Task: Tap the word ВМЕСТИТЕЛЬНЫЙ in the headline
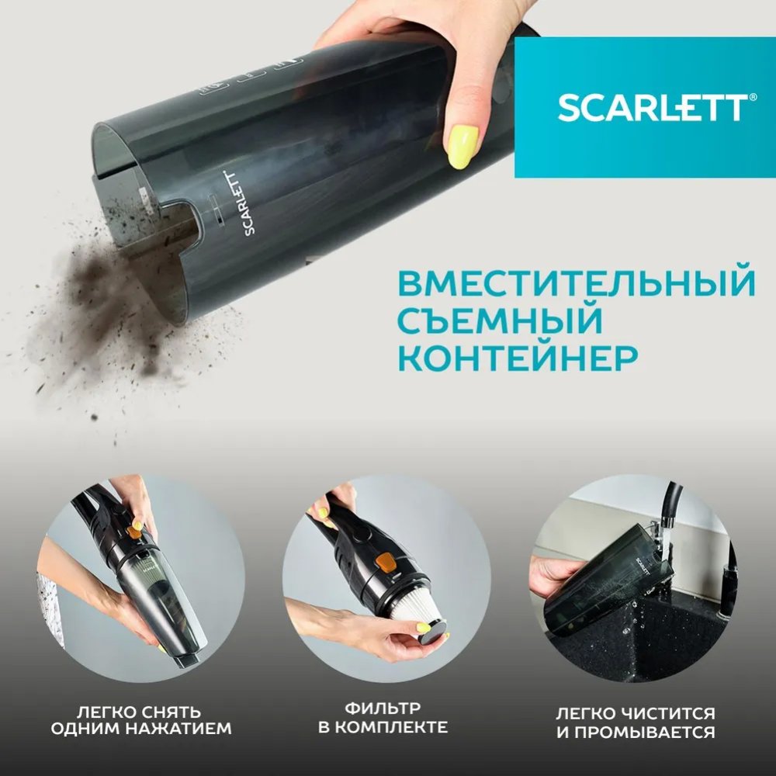577,282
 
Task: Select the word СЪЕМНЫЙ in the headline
501,320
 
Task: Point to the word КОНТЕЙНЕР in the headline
518,357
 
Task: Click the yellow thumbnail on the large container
462,147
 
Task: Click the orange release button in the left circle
134,532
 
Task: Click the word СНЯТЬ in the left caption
170,712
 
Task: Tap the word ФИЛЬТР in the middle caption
383,708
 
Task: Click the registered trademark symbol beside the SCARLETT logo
753,98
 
